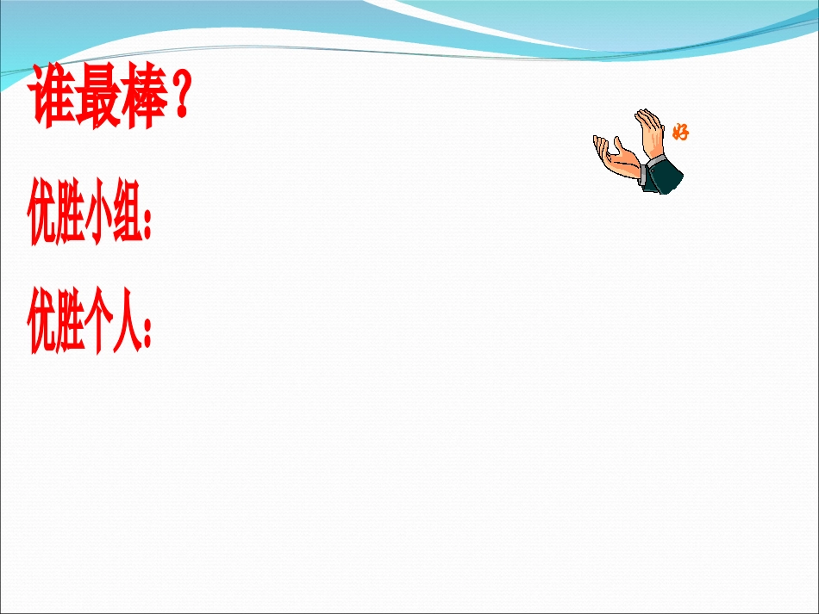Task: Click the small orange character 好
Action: (680, 133)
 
